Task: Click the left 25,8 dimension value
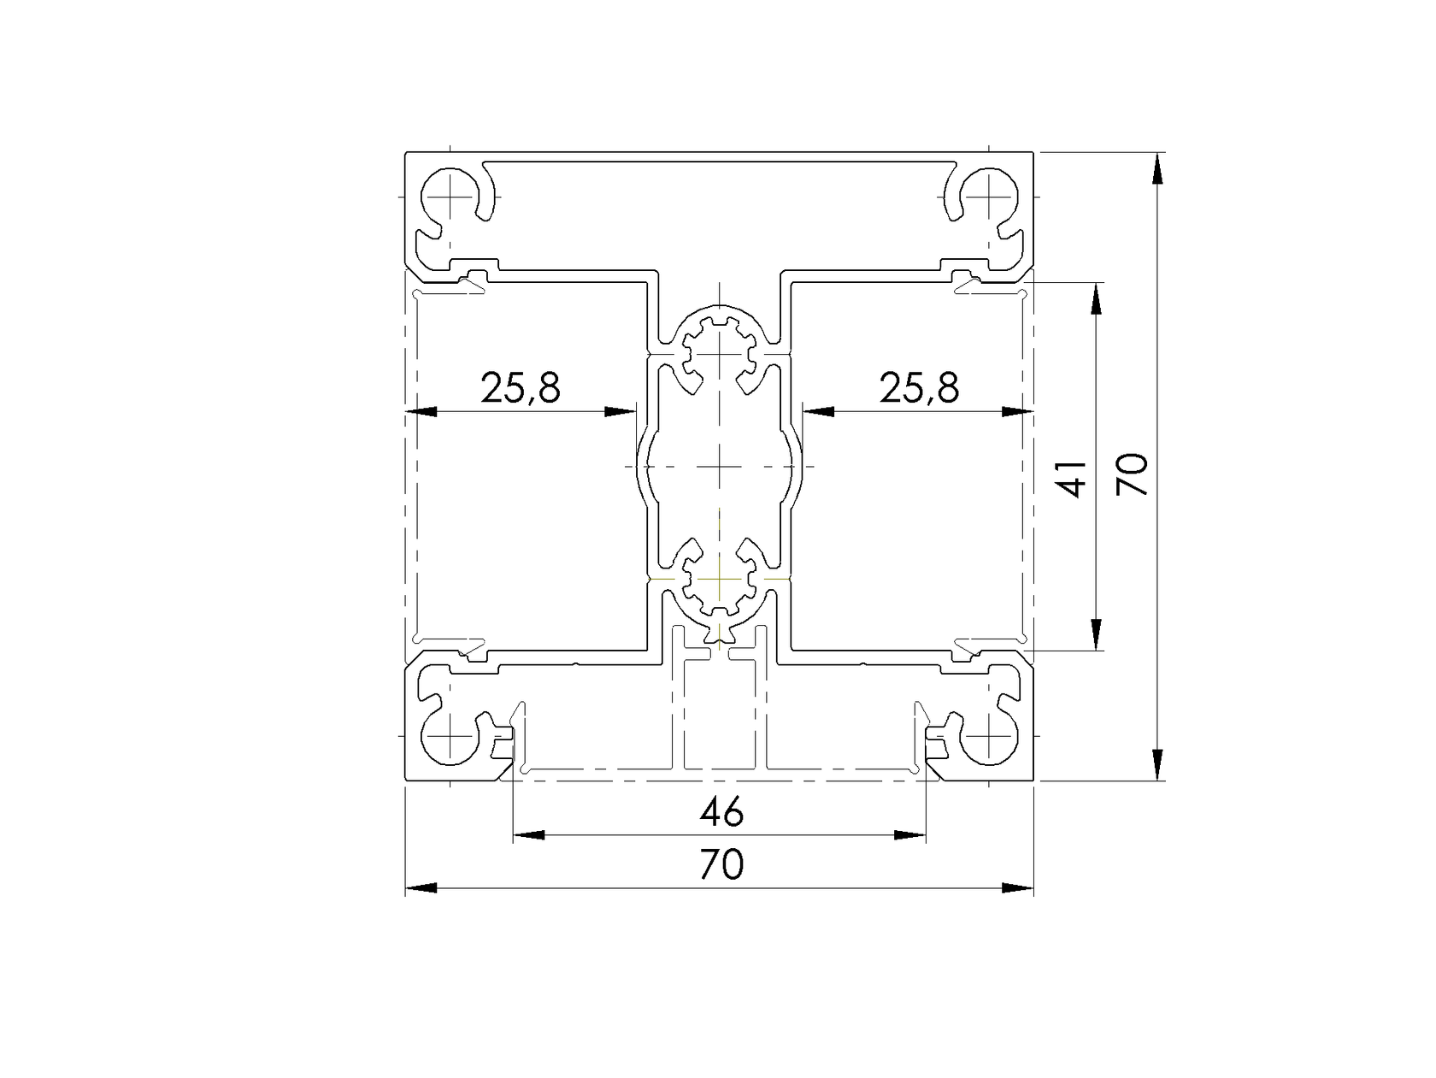point(520,388)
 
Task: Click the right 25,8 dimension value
point(919,388)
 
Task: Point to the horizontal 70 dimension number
point(721,865)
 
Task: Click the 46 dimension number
point(721,812)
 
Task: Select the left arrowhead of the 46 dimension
point(527,835)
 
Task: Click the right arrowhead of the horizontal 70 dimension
point(1018,888)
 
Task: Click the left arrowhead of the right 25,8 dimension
point(818,411)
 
